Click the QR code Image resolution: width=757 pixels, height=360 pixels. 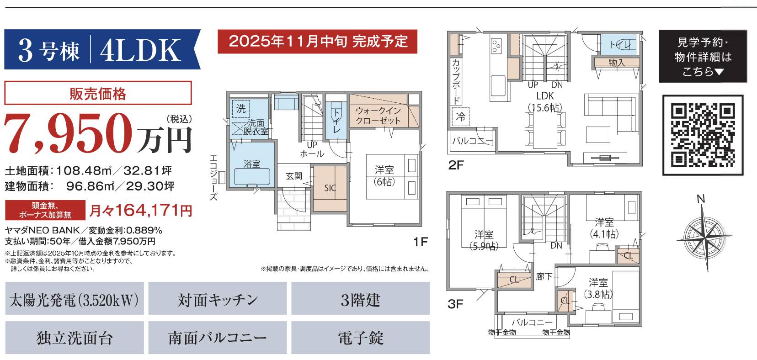703,135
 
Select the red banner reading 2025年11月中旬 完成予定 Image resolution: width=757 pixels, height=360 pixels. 318,42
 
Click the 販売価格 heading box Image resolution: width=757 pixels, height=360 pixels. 97,93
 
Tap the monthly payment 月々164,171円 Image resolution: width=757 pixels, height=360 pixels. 140,211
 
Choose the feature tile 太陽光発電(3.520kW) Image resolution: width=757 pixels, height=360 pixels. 74,300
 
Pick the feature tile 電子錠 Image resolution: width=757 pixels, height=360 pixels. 360,338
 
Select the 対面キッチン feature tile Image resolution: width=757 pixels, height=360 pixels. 218,300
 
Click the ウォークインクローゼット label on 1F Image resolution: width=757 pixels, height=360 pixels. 378,116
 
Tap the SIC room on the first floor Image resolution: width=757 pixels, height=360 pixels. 330,188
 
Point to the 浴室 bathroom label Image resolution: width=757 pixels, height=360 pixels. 251,164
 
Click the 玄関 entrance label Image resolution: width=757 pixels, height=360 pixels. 294,176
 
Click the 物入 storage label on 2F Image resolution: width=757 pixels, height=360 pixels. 617,63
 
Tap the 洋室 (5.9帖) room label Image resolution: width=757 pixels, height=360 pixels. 484,240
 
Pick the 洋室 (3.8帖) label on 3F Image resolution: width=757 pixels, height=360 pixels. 598,288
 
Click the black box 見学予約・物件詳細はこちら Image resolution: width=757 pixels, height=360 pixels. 702,56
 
